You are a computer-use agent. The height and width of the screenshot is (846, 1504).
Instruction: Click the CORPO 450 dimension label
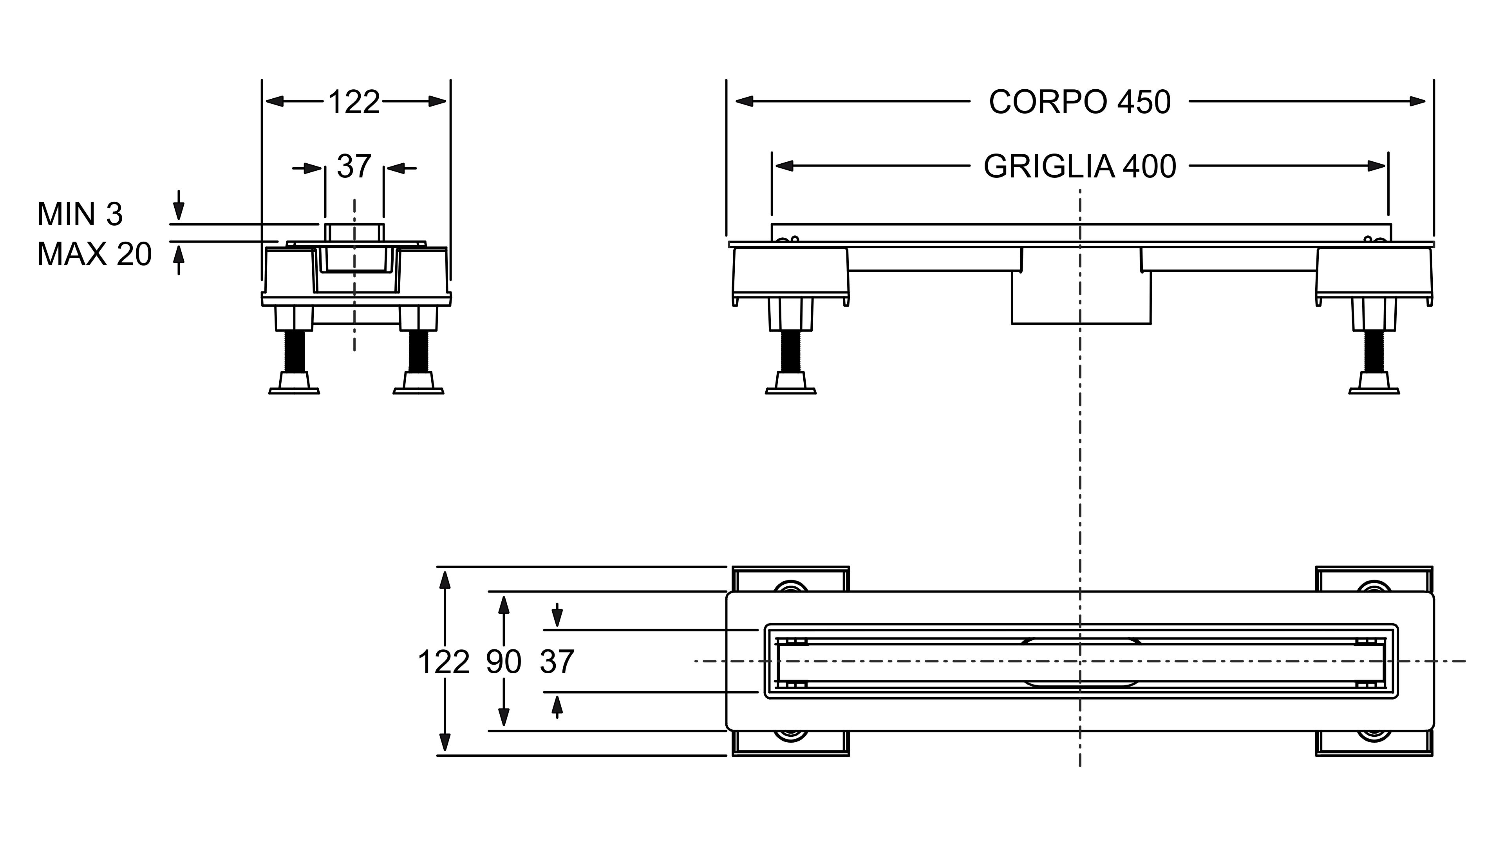point(1079,103)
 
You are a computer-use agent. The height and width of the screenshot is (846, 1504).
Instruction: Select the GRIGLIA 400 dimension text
point(1079,167)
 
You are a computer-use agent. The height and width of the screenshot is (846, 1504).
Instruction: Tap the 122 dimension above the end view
point(354,103)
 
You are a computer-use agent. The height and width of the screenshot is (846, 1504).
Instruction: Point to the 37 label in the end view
point(354,167)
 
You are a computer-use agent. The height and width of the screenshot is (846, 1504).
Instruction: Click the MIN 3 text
point(80,215)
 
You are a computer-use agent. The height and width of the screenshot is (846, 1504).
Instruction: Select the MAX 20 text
point(94,255)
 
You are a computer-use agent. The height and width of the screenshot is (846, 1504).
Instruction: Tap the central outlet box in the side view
point(1081,298)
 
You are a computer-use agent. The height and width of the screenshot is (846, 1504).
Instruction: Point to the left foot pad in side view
point(790,385)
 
